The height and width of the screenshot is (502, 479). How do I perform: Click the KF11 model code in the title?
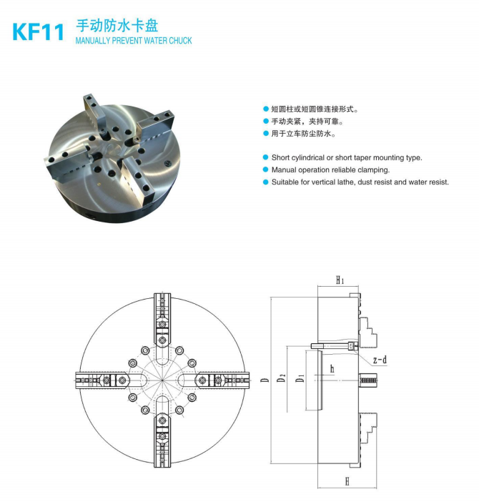click(38, 31)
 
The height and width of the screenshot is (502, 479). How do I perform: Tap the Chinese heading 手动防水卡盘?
click(117, 25)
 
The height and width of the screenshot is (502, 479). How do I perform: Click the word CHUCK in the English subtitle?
click(180, 41)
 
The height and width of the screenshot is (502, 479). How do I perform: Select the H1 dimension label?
click(340, 280)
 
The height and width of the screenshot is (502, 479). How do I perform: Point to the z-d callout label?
click(380, 360)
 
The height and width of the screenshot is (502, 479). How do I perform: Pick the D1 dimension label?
click(300, 378)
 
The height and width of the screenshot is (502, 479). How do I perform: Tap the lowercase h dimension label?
click(332, 369)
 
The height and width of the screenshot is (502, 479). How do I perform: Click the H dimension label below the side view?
click(347, 481)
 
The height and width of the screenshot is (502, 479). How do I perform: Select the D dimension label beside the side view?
click(265, 380)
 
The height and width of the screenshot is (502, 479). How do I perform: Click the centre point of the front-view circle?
click(162, 380)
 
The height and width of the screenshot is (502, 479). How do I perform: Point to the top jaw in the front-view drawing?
click(162, 320)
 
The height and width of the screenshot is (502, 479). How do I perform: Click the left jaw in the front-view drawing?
click(103, 380)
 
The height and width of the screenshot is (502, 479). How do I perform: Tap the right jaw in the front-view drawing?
click(222, 380)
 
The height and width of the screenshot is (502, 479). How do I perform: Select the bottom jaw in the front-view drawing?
click(162, 441)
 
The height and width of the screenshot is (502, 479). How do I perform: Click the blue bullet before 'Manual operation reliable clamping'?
click(265, 169)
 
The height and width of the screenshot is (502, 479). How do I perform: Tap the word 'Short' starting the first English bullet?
click(281, 157)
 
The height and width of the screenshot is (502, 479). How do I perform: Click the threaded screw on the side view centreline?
click(367, 380)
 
